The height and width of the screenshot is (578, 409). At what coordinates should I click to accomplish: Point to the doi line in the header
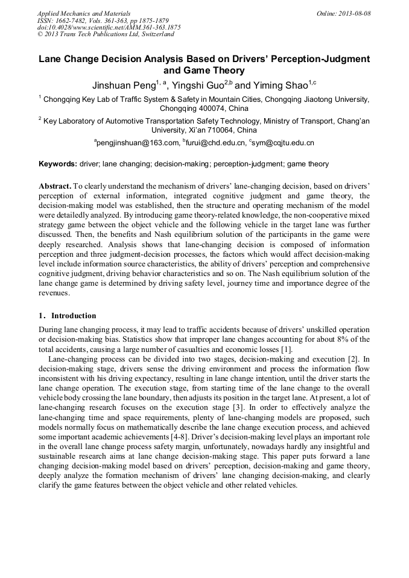[x=109, y=27]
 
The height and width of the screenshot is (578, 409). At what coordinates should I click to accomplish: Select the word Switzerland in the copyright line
[x=156, y=34]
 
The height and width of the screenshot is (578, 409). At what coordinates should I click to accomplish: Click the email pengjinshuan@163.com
[x=137, y=143]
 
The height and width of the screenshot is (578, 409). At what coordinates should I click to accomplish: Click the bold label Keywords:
[x=58, y=164]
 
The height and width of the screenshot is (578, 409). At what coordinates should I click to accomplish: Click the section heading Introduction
[x=74, y=316]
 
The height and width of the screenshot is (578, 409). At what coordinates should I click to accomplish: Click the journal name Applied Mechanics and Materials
[x=84, y=13]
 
